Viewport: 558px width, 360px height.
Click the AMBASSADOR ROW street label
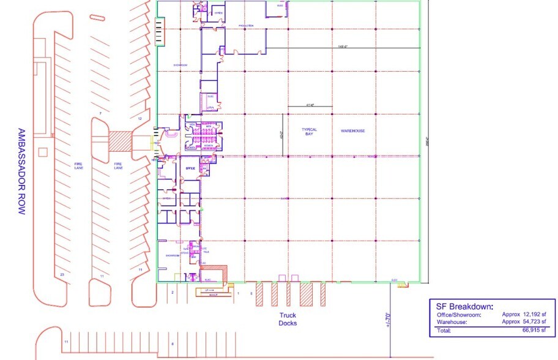(20, 171)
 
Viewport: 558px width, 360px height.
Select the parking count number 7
(100, 114)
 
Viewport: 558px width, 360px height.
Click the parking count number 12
(139, 118)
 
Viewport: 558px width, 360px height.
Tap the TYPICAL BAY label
(309, 133)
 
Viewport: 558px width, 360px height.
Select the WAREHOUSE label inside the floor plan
(353, 131)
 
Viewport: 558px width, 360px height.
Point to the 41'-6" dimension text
(310, 105)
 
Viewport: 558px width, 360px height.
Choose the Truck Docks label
(287, 320)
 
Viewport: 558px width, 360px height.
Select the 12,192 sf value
(528, 315)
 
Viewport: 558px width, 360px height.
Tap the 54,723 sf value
(528, 322)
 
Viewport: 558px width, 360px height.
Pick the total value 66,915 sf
(533, 331)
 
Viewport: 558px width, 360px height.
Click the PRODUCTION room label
(246, 25)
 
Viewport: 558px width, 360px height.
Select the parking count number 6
(173, 344)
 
